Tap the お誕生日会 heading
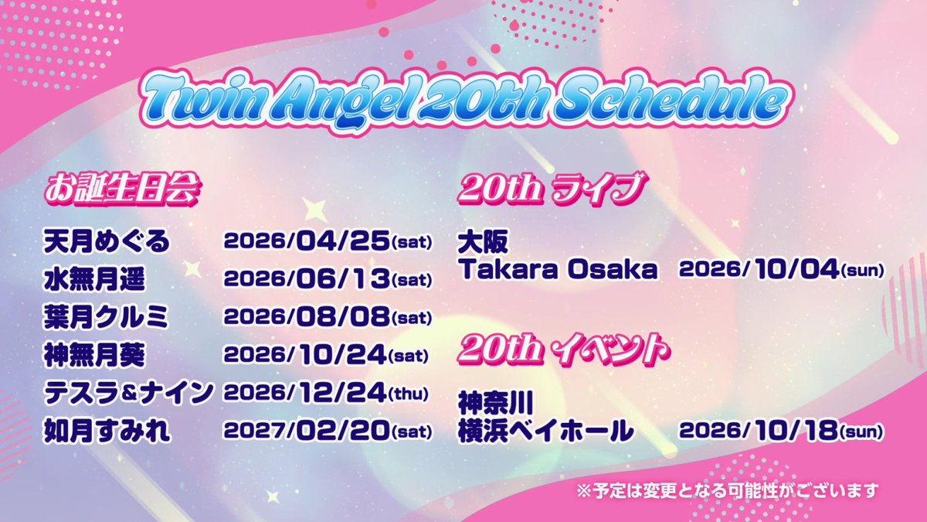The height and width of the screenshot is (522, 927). click(123, 190)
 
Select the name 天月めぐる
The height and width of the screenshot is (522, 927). click(107, 241)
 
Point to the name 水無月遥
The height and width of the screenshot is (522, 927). click(94, 280)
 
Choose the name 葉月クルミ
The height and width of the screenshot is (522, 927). click(106, 317)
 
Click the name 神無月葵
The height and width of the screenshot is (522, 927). click(94, 355)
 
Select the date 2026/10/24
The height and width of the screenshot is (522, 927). click(305, 355)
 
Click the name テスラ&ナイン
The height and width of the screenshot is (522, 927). click(129, 393)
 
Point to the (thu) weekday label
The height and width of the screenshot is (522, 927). click(409, 394)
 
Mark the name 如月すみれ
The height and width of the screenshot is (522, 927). click(107, 431)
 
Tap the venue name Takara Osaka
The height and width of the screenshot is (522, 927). click(559, 270)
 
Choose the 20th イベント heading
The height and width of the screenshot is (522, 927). click(564, 351)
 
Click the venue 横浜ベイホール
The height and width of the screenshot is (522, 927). click(545, 431)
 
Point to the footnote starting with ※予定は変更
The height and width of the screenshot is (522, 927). click(728, 491)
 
